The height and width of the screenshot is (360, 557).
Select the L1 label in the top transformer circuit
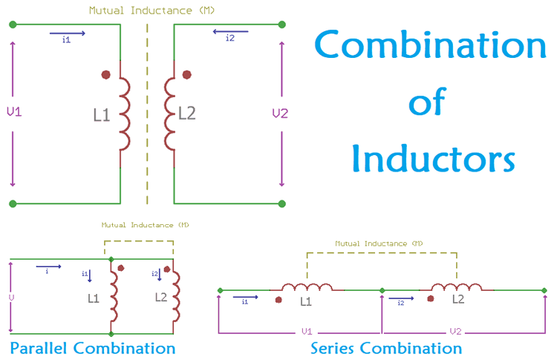click(x=102, y=115)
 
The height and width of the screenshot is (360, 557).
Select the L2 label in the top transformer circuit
click(x=187, y=114)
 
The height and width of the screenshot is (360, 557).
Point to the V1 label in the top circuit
click(x=13, y=112)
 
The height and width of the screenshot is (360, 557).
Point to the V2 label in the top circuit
click(x=280, y=114)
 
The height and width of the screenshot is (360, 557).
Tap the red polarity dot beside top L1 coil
click(x=106, y=74)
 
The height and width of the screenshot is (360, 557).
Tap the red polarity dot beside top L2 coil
click(x=186, y=74)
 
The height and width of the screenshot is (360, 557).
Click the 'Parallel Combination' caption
click(x=93, y=348)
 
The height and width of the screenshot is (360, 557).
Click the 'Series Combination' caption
click(x=386, y=348)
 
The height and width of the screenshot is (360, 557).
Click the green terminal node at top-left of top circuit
click(x=13, y=24)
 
